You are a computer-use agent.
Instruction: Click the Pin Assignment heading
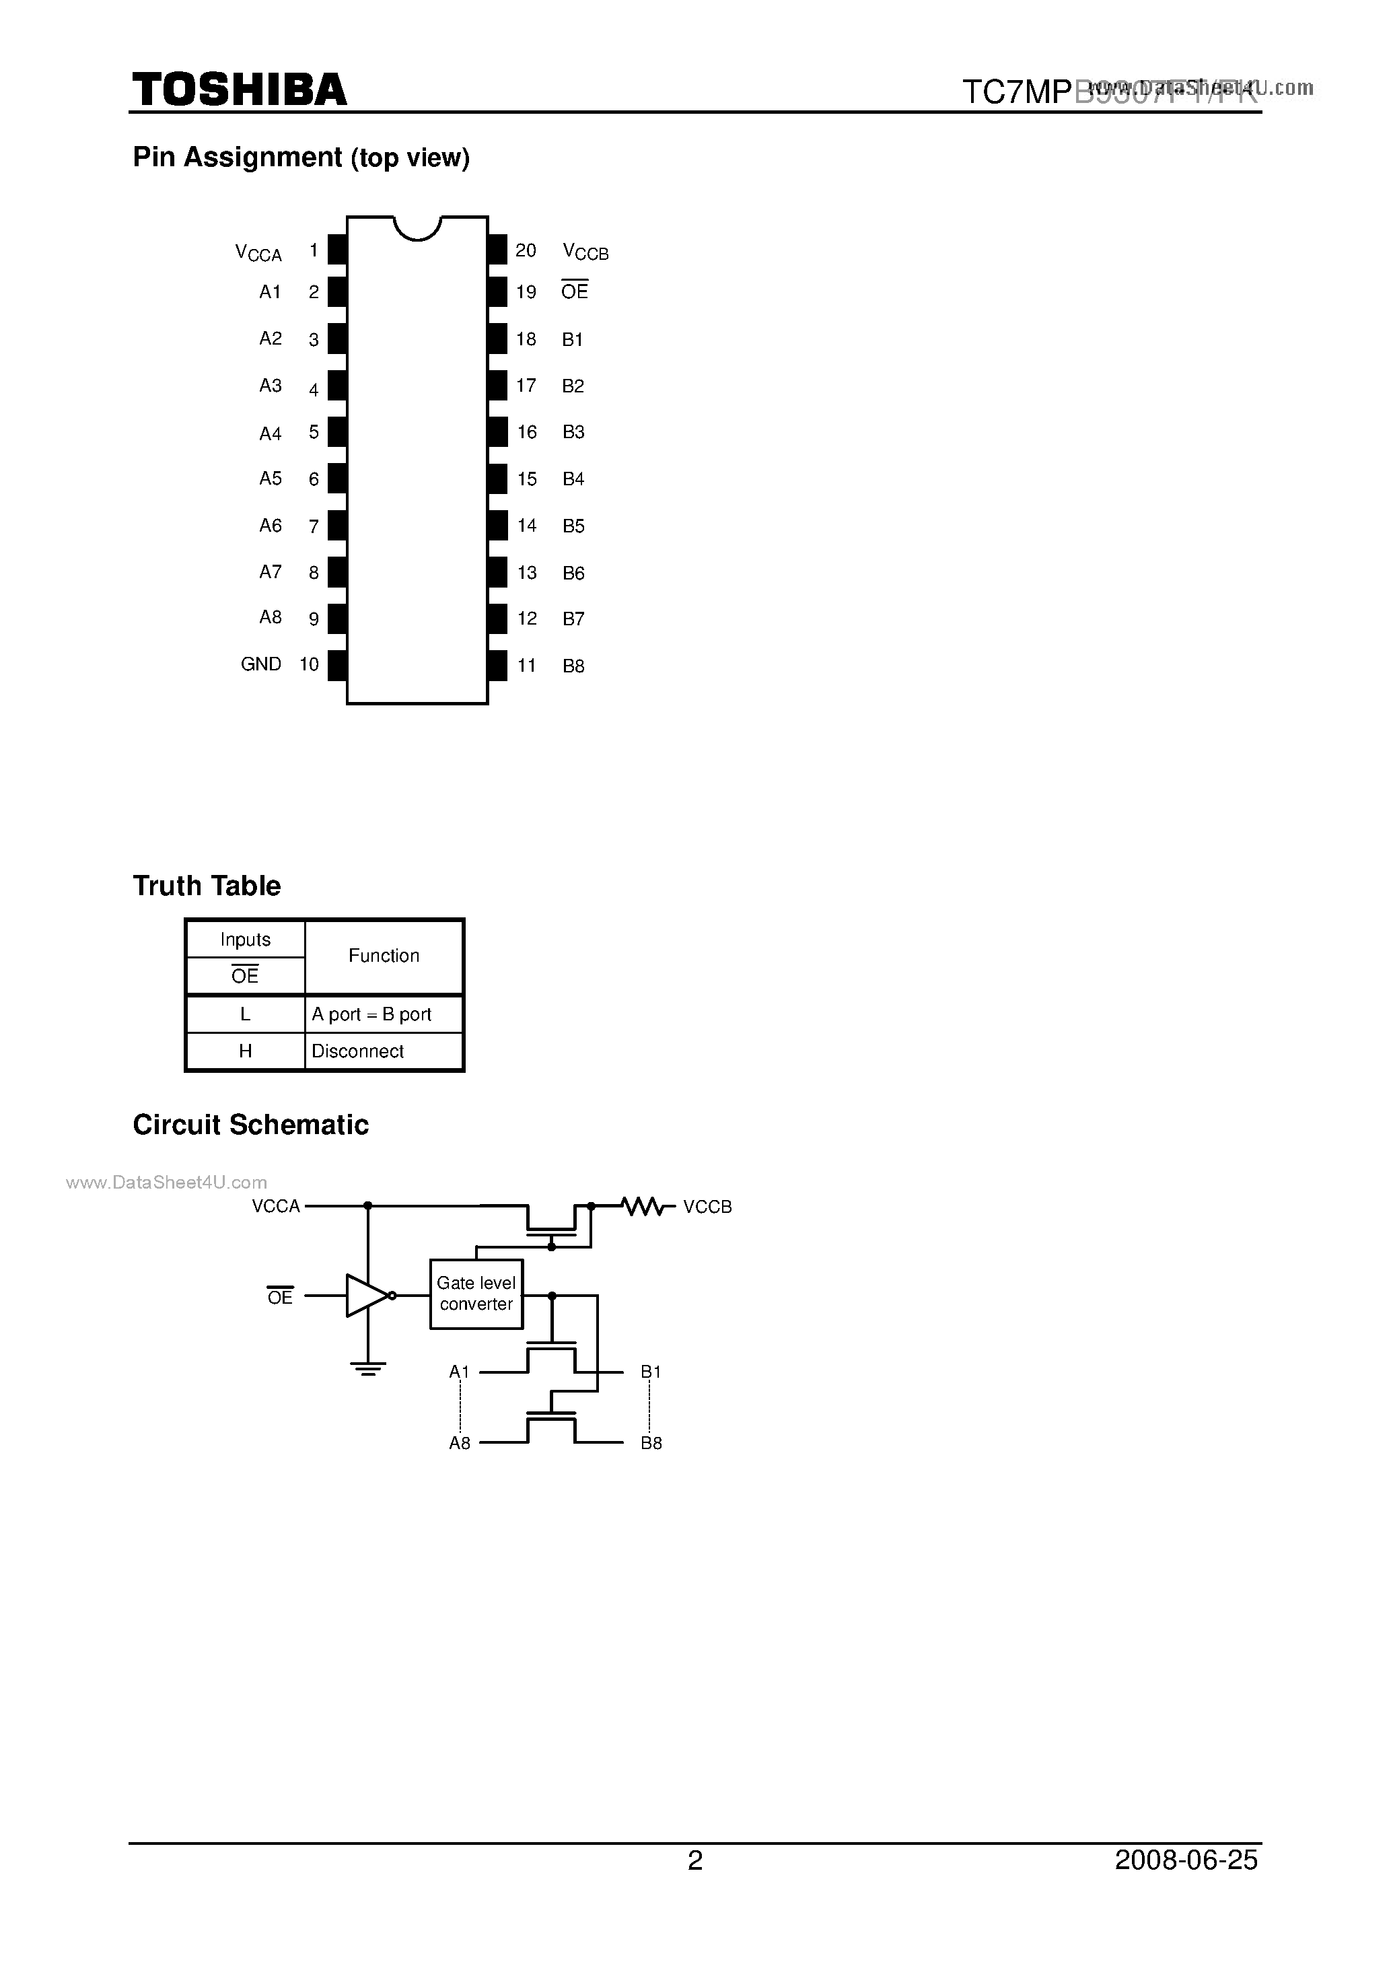pos(301,157)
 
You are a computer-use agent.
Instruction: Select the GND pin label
pos(260,664)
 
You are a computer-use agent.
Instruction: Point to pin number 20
pos(526,250)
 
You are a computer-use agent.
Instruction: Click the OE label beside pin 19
pos(574,291)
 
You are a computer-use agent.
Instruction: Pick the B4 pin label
pos(573,479)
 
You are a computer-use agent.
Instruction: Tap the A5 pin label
pos(270,479)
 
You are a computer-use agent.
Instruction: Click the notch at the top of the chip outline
pos(417,228)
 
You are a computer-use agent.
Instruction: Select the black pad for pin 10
pos(338,665)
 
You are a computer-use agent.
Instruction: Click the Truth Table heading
pos(207,886)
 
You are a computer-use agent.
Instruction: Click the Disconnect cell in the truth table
pos(358,1051)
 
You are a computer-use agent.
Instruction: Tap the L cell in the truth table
pos(245,1014)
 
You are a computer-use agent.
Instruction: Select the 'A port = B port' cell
pos(372,1014)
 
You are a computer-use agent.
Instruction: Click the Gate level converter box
pos(476,1294)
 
